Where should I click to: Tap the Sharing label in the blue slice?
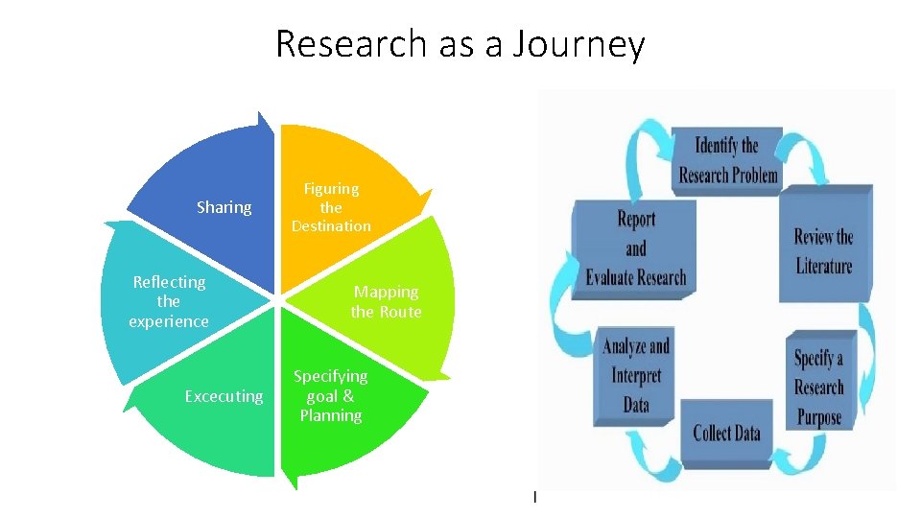pyautogui.click(x=224, y=207)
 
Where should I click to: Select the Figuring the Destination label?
pyautogui.click(x=331, y=207)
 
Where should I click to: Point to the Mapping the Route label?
pyautogui.click(x=386, y=301)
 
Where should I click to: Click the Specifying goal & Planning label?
pyautogui.click(x=330, y=395)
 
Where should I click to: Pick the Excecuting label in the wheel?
pyautogui.click(x=224, y=396)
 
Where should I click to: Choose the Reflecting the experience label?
pyautogui.click(x=169, y=301)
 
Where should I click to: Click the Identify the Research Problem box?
pyautogui.click(x=728, y=160)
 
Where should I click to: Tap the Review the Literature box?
pyautogui.click(x=823, y=250)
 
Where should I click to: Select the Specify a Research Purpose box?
pyautogui.click(x=818, y=388)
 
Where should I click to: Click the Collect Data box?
pyautogui.click(x=726, y=433)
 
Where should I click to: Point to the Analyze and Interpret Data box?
pyautogui.click(x=635, y=375)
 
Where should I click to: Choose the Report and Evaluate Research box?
pyautogui.click(x=635, y=248)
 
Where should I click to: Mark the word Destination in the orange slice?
pyautogui.click(x=331, y=226)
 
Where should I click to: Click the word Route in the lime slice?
pyautogui.click(x=400, y=312)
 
